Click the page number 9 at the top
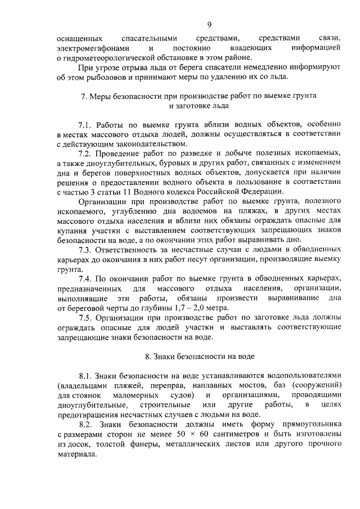[x=209, y=24]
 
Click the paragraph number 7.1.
[x=85, y=124]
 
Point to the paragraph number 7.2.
[x=85, y=153]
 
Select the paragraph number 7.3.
[x=85, y=249]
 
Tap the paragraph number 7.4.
[x=85, y=278]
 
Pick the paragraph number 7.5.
[x=85, y=317]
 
